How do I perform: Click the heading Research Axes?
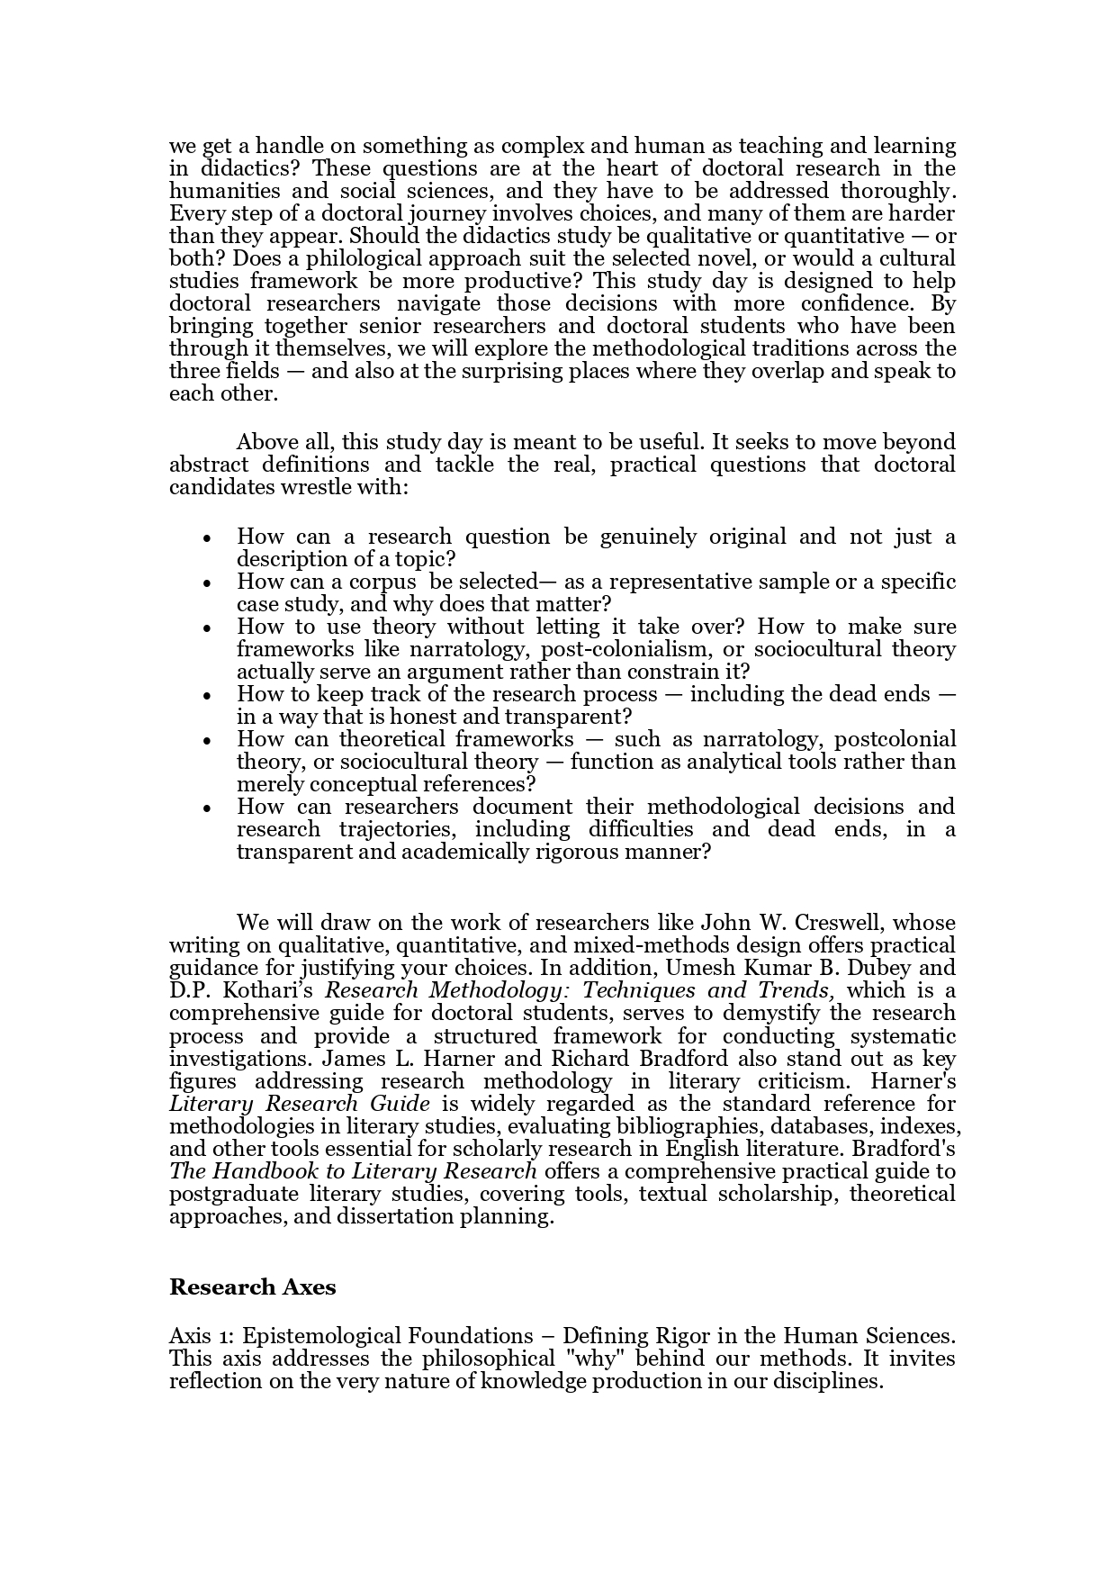(252, 1287)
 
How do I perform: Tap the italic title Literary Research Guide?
(300, 1104)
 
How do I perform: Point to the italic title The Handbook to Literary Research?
(353, 1171)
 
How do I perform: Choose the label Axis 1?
(202, 1336)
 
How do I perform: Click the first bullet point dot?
(208, 538)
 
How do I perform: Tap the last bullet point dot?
(208, 808)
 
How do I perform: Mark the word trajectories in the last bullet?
(399, 829)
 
